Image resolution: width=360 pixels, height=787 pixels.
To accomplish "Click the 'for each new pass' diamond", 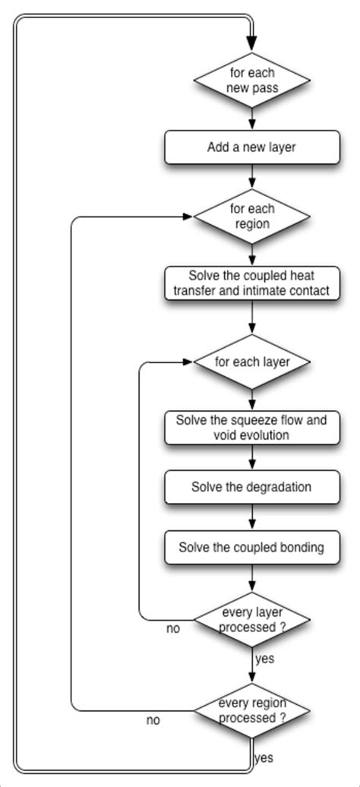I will coord(251,79).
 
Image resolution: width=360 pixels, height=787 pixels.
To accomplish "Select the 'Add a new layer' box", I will coord(251,147).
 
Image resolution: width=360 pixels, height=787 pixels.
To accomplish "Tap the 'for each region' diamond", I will coord(251,217).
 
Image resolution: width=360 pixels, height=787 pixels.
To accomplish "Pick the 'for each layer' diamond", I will coord(251,362).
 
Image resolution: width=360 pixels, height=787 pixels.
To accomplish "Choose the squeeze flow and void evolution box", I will coord(251,428).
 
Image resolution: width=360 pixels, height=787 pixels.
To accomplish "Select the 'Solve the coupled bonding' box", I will coord(251,547).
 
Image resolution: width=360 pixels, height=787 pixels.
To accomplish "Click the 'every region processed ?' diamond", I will coord(251,710).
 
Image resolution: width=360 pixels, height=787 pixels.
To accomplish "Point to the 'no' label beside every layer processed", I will coord(173,628).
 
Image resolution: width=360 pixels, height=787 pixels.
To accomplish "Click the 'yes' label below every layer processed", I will coord(264,659).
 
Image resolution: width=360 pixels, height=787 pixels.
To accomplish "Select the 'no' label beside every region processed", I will coord(153,720).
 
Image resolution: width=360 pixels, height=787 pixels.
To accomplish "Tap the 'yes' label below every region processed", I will coord(264,757).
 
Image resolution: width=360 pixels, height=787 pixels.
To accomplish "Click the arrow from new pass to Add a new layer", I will coord(251,119).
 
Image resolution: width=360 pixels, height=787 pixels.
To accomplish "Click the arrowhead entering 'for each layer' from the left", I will coord(188,362).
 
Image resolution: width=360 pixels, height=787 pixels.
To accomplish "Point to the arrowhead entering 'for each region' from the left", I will coord(188,217).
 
